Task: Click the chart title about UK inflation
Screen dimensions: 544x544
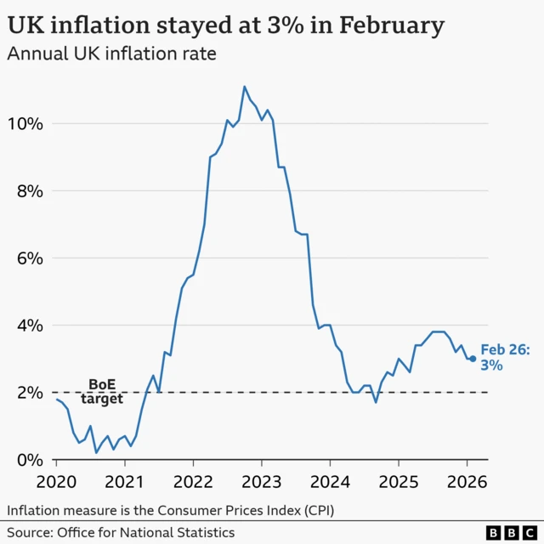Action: pyautogui.click(x=226, y=25)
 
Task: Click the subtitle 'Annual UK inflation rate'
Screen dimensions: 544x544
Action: pyautogui.click(x=111, y=55)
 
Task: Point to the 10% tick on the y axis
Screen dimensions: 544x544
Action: pyautogui.click(x=24, y=123)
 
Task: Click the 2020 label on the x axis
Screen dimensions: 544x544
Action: pyautogui.click(x=57, y=482)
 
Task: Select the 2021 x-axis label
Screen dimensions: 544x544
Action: pyautogui.click(x=125, y=482)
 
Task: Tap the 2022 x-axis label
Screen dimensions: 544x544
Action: pyautogui.click(x=193, y=482)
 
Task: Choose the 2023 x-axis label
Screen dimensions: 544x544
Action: pyautogui.click(x=261, y=482)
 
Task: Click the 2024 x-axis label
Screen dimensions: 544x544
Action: pyautogui.click(x=330, y=482)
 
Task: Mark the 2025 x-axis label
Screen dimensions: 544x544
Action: pyautogui.click(x=398, y=482)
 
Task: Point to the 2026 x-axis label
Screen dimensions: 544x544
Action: pyautogui.click(x=467, y=482)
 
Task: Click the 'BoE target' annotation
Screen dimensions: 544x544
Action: pyautogui.click(x=102, y=392)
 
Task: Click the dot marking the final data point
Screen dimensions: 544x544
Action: pyautogui.click(x=473, y=359)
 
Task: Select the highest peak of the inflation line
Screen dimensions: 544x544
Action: pyautogui.click(x=245, y=87)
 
